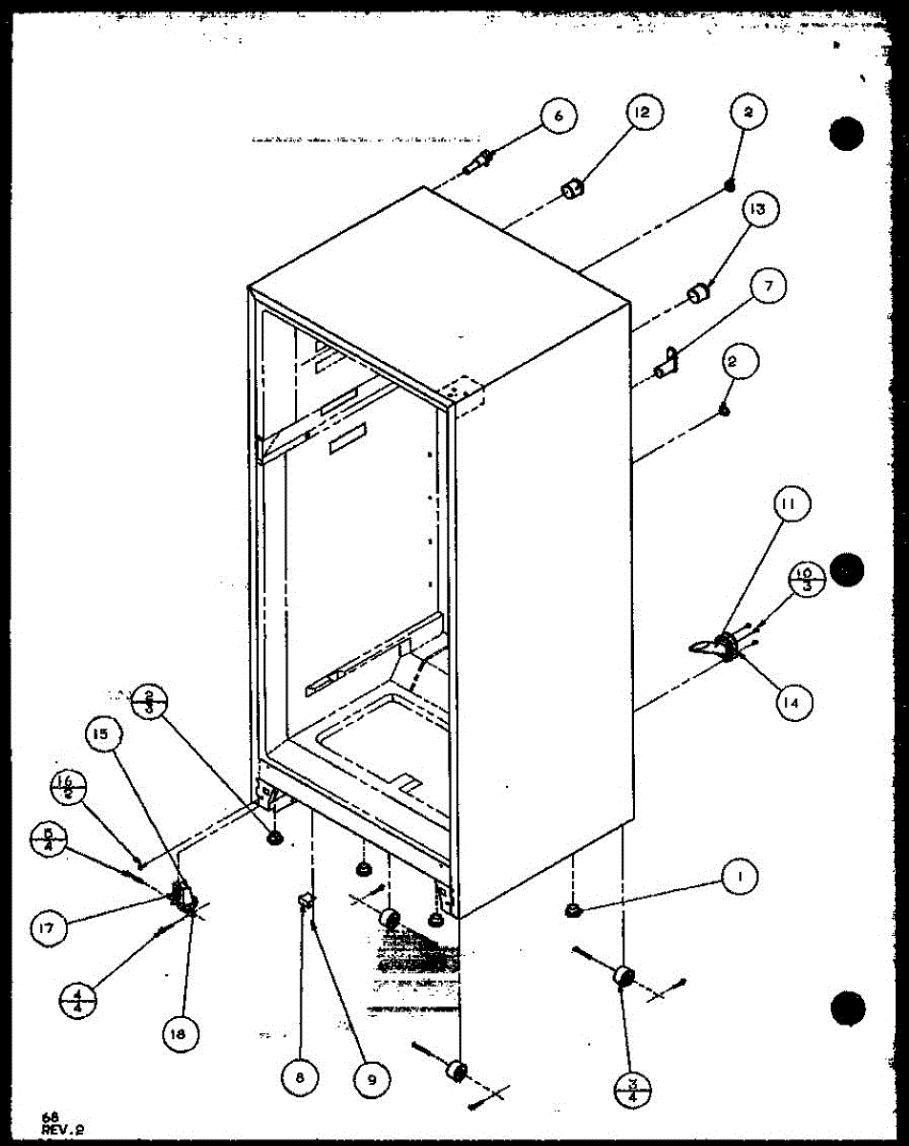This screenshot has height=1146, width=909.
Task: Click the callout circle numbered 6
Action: tap(558, 117)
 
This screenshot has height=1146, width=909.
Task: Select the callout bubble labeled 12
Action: tap(641, 113)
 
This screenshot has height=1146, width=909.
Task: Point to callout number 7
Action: tap(767, 286)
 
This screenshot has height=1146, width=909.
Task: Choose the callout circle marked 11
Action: tap(792, 503)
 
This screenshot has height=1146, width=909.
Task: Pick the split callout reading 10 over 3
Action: tap(800, 578)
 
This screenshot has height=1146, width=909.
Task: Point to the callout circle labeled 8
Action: tap(301, 1077)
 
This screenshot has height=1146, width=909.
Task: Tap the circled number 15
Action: tap(101, 734)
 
